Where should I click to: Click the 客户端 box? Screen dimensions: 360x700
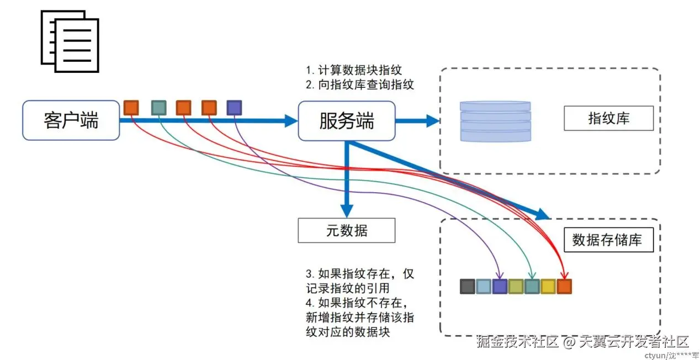click(x=71, y=120)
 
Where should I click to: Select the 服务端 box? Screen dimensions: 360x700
click(x=347, y=120)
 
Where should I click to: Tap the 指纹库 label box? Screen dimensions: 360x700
click(x=608, y=118)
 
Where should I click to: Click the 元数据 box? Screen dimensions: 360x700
click(x=346, y=230)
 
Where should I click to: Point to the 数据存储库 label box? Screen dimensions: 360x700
click(x=608, y=240)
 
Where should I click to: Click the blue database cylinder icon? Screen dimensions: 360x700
click(x=495, y=121)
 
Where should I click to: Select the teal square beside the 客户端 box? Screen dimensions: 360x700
click(x=158, y=107)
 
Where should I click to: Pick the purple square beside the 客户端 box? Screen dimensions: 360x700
click(x=234, y=107)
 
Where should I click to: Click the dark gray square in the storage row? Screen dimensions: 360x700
click(x=468, y=286)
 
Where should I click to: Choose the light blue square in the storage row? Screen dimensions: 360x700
click(x=484, y=286)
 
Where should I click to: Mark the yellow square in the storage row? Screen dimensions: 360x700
click(x=548, y=286)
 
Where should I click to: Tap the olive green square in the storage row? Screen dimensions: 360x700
click(x=516, y=286)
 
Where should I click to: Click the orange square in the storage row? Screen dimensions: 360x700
click(x=564, y=286)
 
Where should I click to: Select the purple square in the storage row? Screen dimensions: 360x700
click(x=500, y=286)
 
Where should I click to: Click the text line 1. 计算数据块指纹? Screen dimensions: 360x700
click(x=354, y=71)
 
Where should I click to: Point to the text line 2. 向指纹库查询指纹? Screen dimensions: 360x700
click(x=360, y=84)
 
